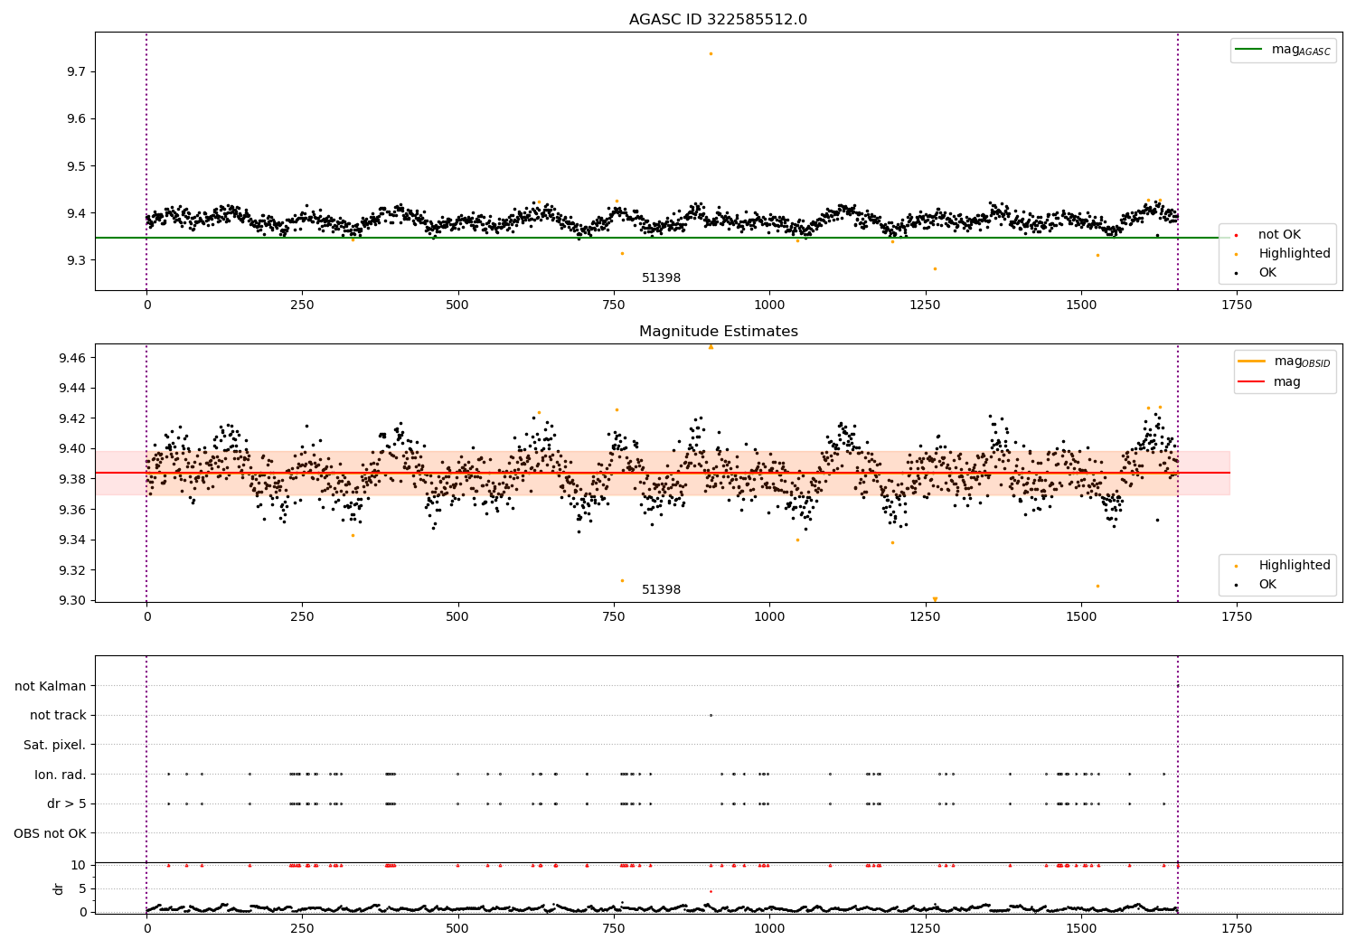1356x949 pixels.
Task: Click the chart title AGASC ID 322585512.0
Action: (718, 19)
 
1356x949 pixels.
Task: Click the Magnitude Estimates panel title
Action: (719, 331)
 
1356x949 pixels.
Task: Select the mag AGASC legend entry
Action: (1284, 50)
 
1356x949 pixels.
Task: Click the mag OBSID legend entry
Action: (1285, 362)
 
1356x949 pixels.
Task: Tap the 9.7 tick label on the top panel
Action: (76, 71)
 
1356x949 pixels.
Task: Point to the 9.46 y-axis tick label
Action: (72, 358)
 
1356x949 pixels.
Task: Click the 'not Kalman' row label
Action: (51, 686)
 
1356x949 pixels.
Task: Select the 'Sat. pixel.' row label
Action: (54, 745)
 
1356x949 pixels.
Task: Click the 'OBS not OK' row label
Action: (50, 833)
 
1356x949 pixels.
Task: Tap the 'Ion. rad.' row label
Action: (60, 774)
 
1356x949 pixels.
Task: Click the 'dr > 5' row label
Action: (67, 803)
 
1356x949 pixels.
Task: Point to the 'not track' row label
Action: (58, 715)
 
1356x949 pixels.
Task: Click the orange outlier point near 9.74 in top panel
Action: (711, 54)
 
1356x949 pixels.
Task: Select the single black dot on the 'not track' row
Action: (711, 716)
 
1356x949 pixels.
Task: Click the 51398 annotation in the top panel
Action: (661, 277)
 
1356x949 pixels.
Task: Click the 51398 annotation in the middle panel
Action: (661, 589)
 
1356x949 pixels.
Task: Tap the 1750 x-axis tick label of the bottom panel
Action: (1236, 928)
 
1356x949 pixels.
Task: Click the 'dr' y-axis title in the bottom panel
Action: (58, 888)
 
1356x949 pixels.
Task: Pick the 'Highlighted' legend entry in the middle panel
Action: (1284, 565)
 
